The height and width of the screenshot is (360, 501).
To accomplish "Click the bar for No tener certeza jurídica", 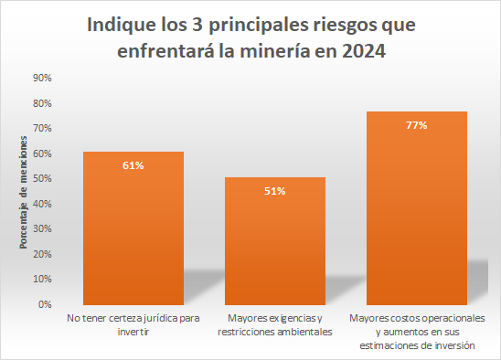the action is pyautogui.click(x=133, y=228).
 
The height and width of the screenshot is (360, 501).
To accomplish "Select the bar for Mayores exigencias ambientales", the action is pyautogui.click(x=275, y=241).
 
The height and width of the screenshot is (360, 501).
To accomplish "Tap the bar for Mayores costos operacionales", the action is pyautogui.click(x=417, y=208).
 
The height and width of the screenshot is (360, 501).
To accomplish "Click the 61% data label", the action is pyautogui.click(x=133, y=165).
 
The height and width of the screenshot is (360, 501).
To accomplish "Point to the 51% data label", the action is pyautogui.click(x=275, y=191).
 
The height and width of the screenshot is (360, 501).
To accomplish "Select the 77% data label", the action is pyautogui.click(x=417, y=125).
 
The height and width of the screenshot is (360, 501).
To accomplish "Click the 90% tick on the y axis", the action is pyautogui.click(x=42, y=78).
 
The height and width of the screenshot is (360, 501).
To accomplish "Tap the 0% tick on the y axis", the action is pyautogui.click(x=45, y=304).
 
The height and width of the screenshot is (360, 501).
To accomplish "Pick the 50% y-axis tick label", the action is pyautogui.click(x=42, y=178).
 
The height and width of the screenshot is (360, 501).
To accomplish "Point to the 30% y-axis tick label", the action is pyautogui.click(x=42, y=228).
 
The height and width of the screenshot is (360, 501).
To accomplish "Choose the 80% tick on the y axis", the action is pyautogui.click(x=42, y=103).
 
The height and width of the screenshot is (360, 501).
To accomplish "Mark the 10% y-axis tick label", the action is pyautogui.click(x=42, y=280).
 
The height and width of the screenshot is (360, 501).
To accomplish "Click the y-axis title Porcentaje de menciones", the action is pyautogui.click(x=24, y=192).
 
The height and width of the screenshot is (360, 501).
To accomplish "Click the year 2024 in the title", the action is pyautogui.click(x=364, y=51).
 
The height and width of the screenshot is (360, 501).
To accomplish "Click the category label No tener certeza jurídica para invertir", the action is pyautogui.click(x=133, y=325).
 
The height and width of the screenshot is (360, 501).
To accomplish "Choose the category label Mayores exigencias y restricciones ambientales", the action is pyautogui.click(x=275, y=325).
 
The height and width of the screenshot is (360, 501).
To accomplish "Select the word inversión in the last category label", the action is pyautogui.click(x=454, y=345).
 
